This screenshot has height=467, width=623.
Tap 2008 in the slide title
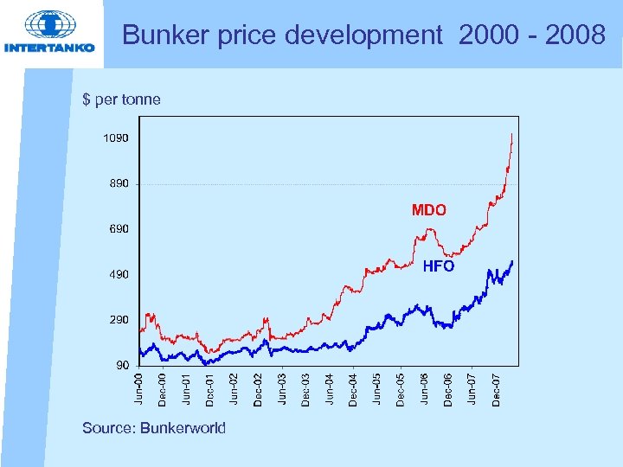(x=575, y=35)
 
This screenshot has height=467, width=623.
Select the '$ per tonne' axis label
(x=121, y=99)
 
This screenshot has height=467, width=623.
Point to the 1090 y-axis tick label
(x=116, y=138)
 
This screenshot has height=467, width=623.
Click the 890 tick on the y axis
(x=119, y=184)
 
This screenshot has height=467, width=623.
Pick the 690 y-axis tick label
(x=119, y=229)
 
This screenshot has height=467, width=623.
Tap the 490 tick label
(x=119, y=275)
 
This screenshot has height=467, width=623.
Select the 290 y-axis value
(x=119, y=320)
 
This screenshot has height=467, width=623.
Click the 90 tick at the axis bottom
(x=122, y=365)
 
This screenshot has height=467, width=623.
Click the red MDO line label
(x=429, y=210)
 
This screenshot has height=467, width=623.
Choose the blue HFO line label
(x=439, y=266)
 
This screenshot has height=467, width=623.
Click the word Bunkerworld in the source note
(x=183, y=428)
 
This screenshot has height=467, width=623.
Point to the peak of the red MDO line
(x=512, y=135)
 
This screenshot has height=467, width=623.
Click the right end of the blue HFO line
(x=512, y=261)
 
